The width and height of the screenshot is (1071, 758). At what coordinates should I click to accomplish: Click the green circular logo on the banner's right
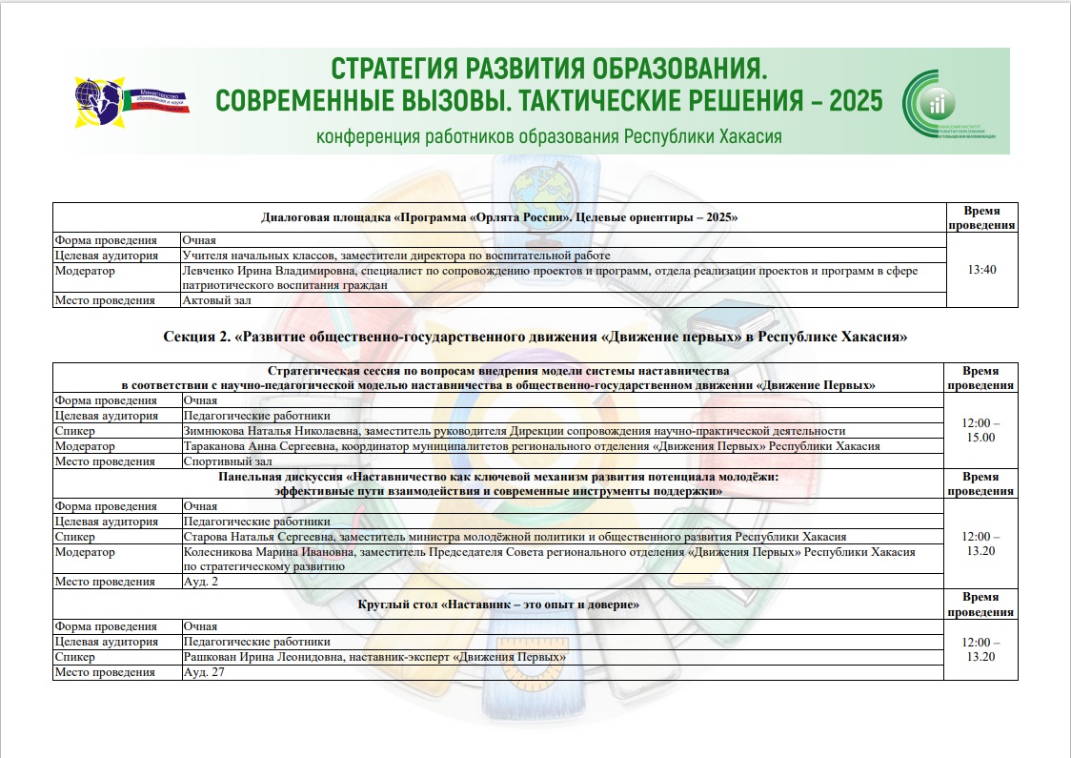tap(934, 103)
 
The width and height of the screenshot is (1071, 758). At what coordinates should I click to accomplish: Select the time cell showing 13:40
tap(980, 271)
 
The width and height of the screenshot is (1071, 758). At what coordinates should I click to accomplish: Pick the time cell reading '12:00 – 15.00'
tap(980, 430)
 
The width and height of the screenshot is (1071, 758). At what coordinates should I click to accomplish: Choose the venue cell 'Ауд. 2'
tap(200, 582)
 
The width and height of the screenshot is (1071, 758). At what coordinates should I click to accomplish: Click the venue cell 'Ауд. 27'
tap(203, 672)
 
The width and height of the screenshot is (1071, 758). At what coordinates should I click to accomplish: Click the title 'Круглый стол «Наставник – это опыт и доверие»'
tap(497, 604)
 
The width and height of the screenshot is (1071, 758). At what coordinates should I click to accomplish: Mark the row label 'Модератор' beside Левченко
tap(85, 271)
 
